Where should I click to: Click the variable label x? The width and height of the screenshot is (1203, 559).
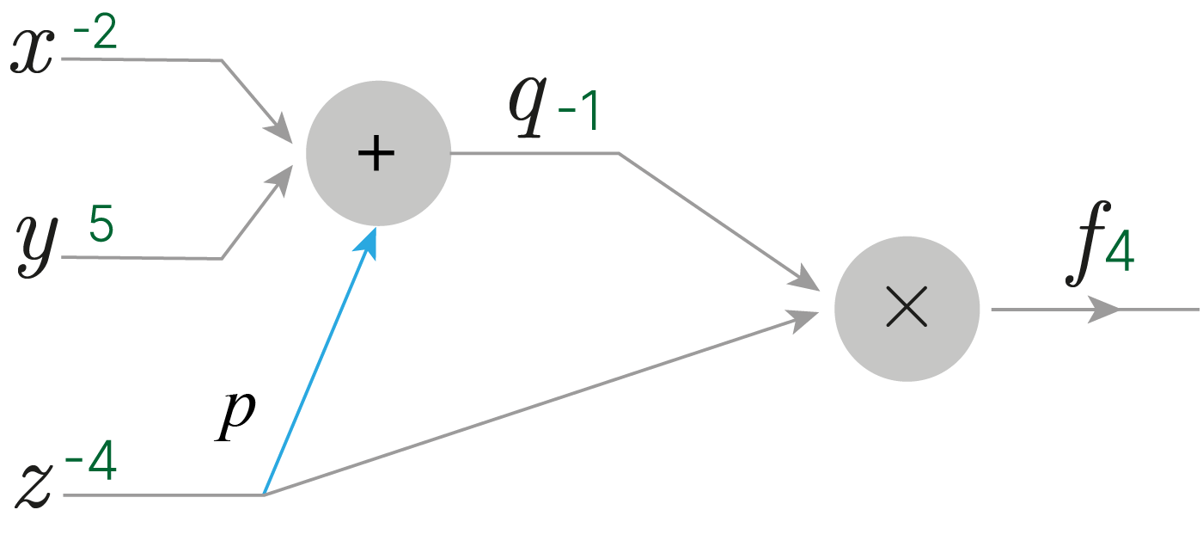33,51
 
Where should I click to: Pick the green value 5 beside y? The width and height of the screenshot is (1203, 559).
101,223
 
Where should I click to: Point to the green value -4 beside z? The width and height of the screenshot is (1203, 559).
91,460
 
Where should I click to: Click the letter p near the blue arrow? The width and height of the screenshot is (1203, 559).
235,415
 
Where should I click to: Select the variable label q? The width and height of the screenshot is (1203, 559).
528,106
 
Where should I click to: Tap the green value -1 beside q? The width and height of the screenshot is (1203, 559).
578,110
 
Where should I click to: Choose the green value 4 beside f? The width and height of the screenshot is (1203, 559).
1120,251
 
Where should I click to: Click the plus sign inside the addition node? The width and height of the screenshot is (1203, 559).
376,153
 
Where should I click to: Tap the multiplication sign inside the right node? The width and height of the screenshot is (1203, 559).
907,307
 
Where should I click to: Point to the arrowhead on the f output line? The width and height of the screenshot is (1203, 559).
1103,310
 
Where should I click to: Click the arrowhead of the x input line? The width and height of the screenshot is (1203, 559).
280,129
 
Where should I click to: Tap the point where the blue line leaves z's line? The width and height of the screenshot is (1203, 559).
264,494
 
